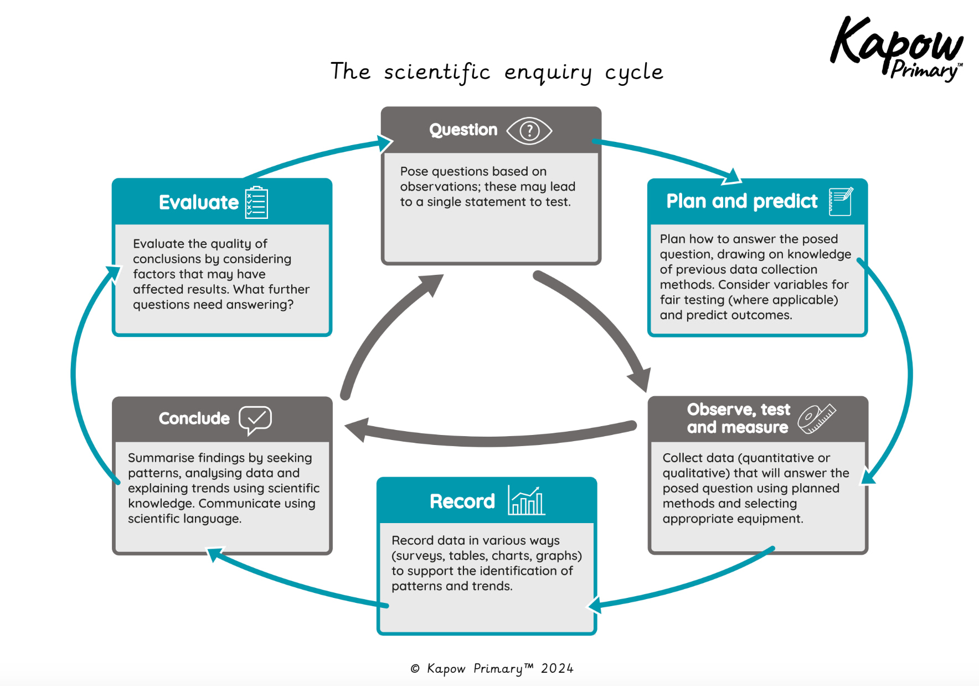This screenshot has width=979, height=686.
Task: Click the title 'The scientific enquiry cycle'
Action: (x=497, y=72)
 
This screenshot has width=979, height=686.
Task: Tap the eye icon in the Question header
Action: (x=529, y=131)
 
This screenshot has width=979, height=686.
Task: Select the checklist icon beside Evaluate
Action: (x=256, y=203)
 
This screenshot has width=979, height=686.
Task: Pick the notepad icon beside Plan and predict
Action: (x=840, y=201)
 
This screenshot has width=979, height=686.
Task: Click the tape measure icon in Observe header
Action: (x=816, y=418)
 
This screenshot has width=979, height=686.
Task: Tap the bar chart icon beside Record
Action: (x=526, y=501)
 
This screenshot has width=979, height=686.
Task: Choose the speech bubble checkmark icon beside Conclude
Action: (x=255, y=419)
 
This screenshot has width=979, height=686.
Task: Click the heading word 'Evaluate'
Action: (x=198, y=203)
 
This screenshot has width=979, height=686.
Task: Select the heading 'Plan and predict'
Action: (x=741, y=201)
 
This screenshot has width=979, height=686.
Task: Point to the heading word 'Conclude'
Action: (x=194, y=418)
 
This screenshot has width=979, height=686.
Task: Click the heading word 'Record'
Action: (x=462, y=501)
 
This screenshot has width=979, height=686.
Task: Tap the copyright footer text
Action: (x=492, y=668)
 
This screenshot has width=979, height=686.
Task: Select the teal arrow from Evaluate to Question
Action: (x=316, y=155)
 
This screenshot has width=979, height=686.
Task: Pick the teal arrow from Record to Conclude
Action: (x=293, y=584)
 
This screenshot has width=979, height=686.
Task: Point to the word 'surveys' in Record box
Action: (x=419, y=556)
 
